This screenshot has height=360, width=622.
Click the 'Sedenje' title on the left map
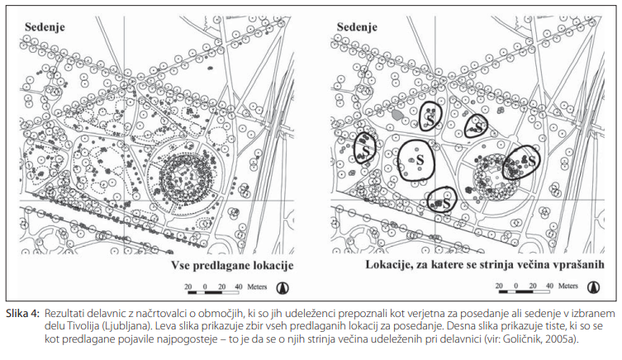coord(45,27)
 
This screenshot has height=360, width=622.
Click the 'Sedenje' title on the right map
coord(357,27)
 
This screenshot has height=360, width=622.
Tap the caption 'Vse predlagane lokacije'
coord(232,265)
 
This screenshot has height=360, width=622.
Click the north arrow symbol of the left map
coord(283,287)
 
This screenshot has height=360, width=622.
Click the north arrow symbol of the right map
coord(593,287)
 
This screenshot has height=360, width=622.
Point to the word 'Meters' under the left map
coord(257,287)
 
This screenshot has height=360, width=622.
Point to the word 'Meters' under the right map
coord(568,286)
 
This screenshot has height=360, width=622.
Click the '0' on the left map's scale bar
coord(205,287)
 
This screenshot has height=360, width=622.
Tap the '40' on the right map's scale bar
coord(549,286)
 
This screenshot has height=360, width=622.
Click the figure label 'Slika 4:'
coord(22,314)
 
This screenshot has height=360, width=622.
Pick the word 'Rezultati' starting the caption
coord(62,314)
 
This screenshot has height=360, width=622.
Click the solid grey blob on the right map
coord(397,115)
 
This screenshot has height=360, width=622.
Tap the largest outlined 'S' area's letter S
coord(420,160)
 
